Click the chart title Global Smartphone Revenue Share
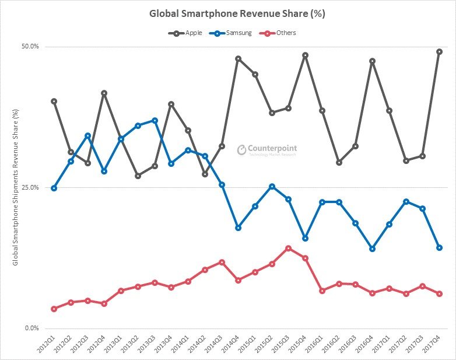click(227, 13)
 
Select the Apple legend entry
click(185, 33)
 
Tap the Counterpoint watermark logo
click(267, 150)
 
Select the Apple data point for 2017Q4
click(439, 52)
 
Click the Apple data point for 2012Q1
click(54, 102)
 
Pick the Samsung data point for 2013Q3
click(155, 120)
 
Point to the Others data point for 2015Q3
click(288, 248)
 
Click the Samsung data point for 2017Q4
click(439, 247)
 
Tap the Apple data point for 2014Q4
click(238, 59)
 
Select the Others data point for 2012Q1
click(54, 309)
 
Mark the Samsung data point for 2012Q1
click(54, 188)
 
